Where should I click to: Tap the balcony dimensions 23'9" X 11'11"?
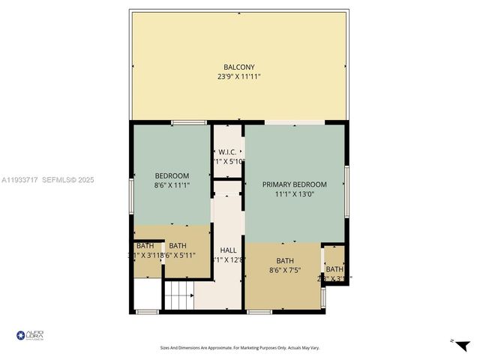coord(239,76)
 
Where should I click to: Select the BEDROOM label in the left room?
coord(172,175)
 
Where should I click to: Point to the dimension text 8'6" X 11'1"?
coord(172,184)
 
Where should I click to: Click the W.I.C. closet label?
coord(228,151)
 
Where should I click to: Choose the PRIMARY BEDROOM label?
coord(295,184)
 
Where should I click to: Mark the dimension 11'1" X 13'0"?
coord(295,193)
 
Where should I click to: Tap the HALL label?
coord(228,250)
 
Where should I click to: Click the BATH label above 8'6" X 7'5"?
coord(284,261)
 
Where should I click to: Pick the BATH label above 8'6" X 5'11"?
coord(178,245)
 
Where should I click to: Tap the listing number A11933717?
coord(19,180)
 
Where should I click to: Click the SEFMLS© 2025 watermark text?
coord(67,180)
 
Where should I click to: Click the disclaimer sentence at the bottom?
coord(239,347)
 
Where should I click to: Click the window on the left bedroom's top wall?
coord(188,122)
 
